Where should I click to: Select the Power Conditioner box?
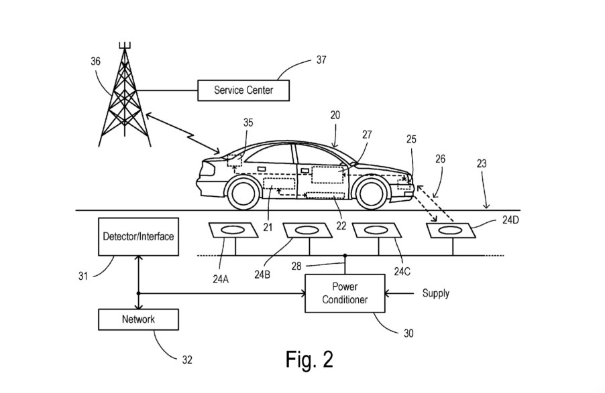[x=345, y=293]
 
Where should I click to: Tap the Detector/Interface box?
[x=138, y=236]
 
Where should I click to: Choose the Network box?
[x=138, y=319]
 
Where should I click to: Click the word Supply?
[x=435, y=293]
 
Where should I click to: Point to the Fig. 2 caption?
[x=309, y=360]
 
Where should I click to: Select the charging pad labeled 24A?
[x=232, y=230]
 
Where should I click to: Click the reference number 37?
[x=321, y=60]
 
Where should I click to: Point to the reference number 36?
[x=96, y=60]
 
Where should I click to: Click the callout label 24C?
[x=402, y=272]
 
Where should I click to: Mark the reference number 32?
[x=186, y=360]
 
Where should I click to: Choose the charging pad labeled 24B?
[x=307, y=230]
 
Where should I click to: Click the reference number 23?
[x=500, y=163]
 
